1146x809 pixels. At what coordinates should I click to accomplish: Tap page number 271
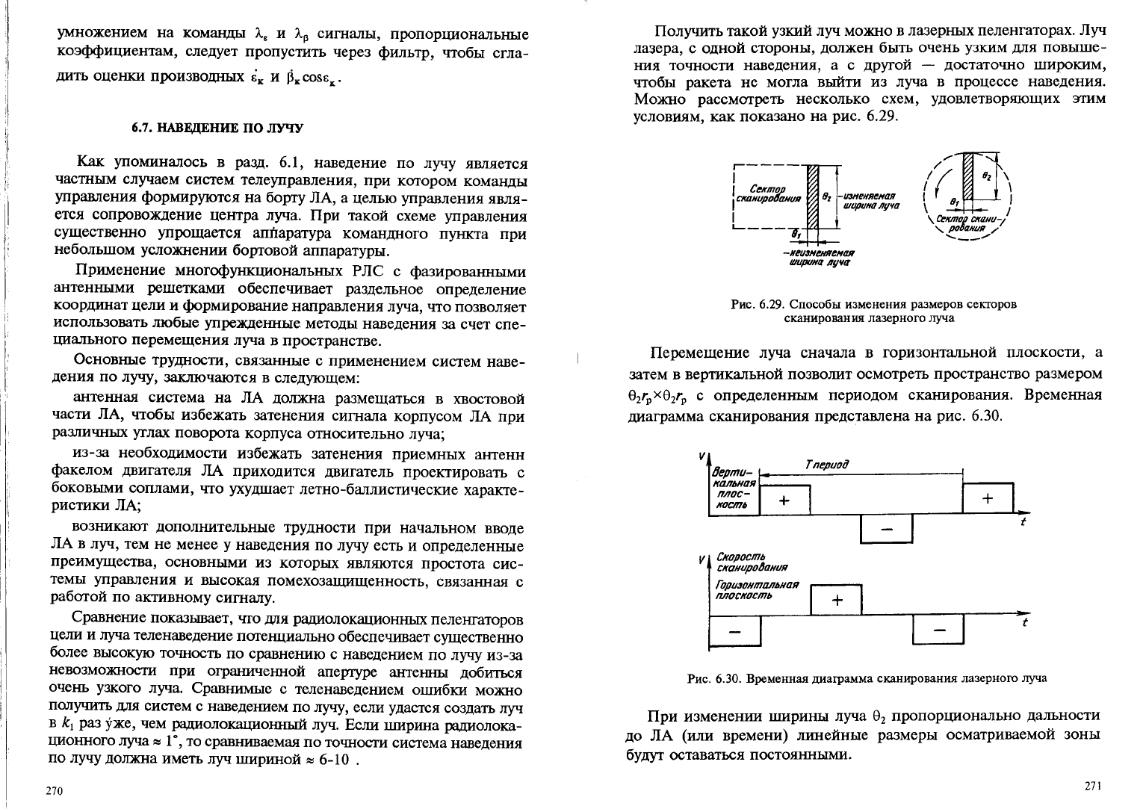1093,785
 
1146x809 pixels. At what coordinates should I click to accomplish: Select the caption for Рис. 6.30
867,678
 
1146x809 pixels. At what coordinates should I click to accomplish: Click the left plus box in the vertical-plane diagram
784,500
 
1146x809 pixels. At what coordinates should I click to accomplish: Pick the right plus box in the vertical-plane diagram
987,499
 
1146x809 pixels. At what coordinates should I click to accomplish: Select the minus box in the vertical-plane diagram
887,529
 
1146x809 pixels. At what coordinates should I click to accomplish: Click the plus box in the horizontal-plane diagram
836,600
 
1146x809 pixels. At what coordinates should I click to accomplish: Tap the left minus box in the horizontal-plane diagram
734,631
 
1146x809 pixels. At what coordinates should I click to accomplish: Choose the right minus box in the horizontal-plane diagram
939,631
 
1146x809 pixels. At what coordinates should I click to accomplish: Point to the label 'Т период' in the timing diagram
827,465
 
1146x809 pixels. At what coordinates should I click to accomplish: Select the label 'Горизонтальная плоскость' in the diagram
757,590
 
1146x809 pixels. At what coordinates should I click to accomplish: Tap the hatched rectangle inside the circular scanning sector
967,174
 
